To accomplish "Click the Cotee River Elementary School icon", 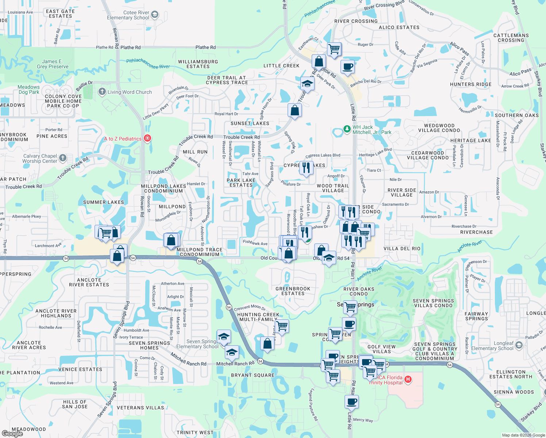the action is (x=155, y=15).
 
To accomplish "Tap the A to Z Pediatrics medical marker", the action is (x=147, y=138).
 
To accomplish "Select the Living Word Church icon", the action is (x=102, y=92).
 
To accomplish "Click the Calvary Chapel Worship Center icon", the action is (x=63, y=158).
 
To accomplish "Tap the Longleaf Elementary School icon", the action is (x=519, y=345).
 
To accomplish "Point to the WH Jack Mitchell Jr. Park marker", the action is (x=347, y=130).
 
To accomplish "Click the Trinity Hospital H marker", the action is (x=408, y=380).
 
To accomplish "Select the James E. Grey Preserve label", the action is (x=53, y=64).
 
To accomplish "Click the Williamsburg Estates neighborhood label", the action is (x=198, y=64).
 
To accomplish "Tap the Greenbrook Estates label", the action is (x=293, y=291).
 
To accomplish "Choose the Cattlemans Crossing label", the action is (x=511, y=38).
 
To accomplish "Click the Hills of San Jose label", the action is (x=75, y=404).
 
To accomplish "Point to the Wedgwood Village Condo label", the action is (x=439, y=128).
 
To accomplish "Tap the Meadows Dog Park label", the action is (x=28, y=89).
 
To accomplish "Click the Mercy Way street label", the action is (x=363, y=420).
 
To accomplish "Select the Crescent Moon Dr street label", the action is (x=250, y=307).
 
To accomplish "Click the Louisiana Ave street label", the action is (x=20, y=12).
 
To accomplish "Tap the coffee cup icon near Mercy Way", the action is (x=351, y=402).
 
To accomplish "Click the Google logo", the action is (x=12, y=433).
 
